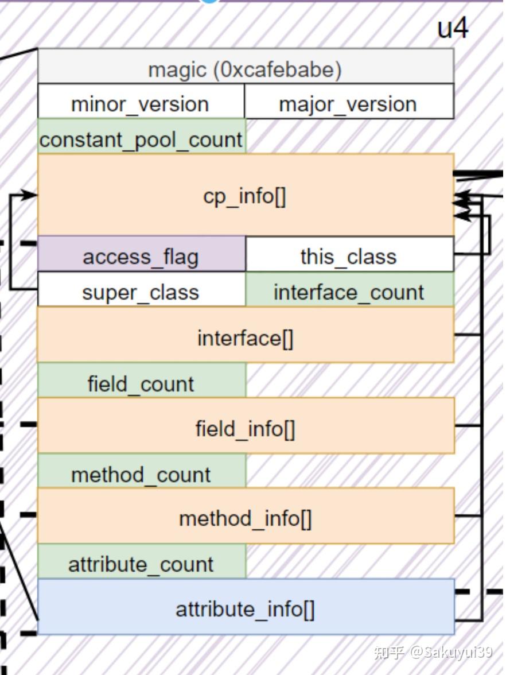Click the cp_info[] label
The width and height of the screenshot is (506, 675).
point(245,196)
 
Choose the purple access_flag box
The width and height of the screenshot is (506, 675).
point(141,255)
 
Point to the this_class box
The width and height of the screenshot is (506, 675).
point(348,255)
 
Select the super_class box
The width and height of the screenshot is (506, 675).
point(141,292)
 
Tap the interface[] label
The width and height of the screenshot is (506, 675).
point(245,338)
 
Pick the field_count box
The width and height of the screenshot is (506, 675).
point(141,383)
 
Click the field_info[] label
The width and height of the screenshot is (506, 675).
point(245,428)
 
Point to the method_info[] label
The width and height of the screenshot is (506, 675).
point(245,518)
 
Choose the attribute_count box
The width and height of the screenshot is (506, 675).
point(141,564)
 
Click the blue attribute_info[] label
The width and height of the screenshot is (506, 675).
point(245,608)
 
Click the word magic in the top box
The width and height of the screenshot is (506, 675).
point(177,69)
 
